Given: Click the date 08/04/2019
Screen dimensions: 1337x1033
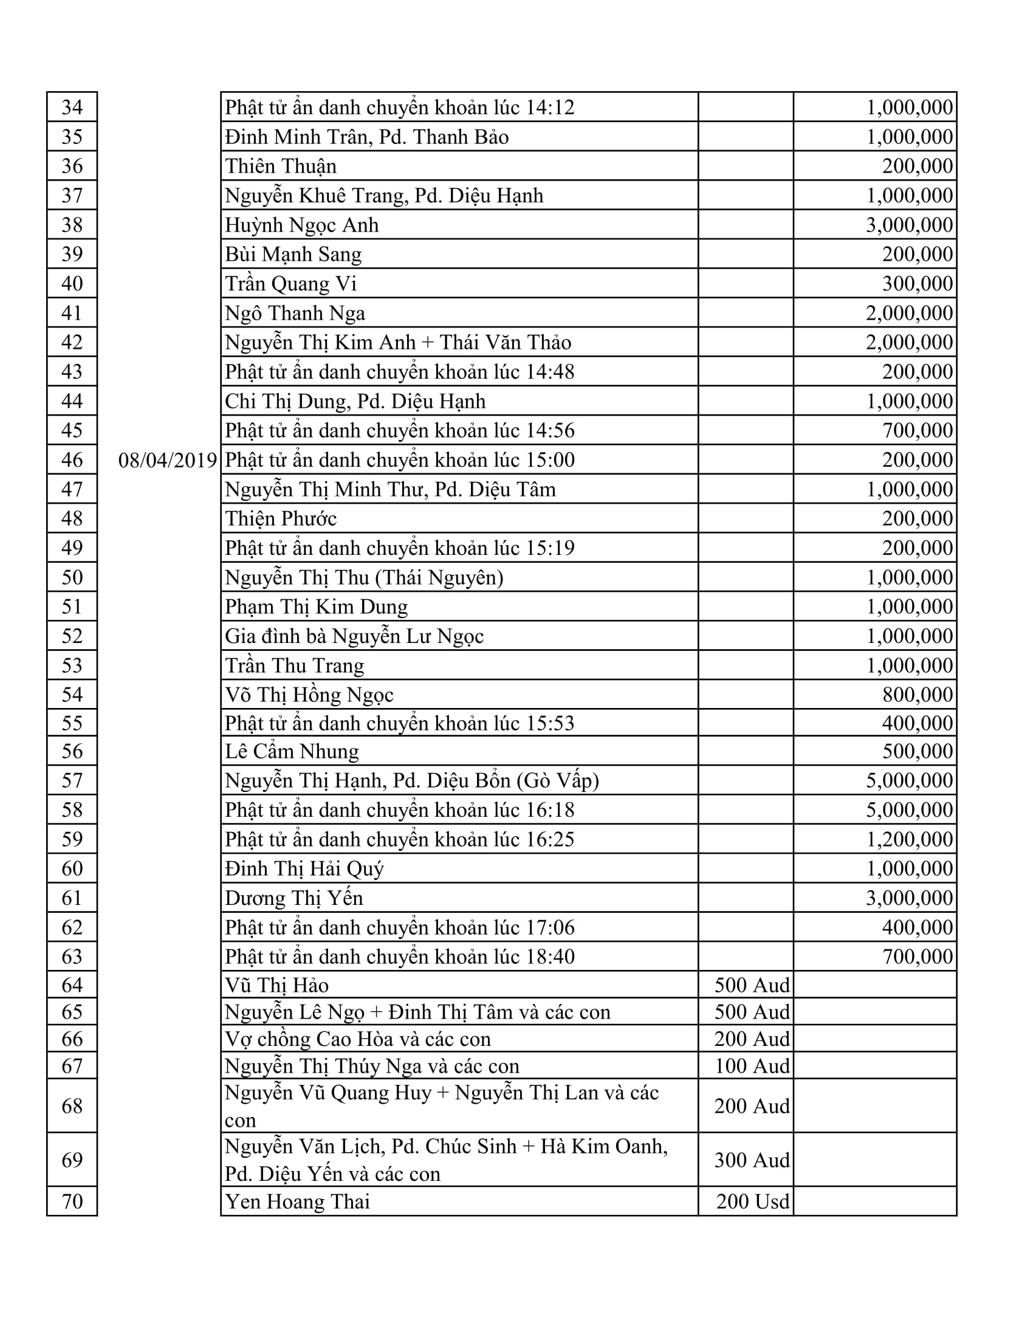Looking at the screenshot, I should click(168, 460).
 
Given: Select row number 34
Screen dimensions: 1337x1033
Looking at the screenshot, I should click(72, 107).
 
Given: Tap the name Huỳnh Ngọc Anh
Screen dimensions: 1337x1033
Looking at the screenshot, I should click(302, 225).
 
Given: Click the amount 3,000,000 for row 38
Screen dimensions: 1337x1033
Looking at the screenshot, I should click(909, 225).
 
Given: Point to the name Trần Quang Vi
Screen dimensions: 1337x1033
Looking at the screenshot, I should click(290, 284).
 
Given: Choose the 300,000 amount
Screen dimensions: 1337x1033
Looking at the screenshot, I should click(918, 284).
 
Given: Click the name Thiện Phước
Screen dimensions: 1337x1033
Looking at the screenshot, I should click(281, 519).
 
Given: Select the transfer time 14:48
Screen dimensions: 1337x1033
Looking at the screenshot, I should click(550, 372).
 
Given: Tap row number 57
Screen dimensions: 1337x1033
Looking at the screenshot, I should click(72, 780).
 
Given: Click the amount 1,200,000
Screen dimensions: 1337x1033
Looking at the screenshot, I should click(909, 839).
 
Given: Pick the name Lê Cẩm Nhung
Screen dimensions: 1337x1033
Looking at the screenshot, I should click(292, 751).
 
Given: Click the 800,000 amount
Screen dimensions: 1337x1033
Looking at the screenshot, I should click(918, 695).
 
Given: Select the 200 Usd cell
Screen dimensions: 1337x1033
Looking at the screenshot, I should click(752, 1201).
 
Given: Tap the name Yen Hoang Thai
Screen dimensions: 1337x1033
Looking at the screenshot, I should click(297, 1201).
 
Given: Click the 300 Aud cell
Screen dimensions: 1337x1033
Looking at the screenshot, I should click(752, 1160).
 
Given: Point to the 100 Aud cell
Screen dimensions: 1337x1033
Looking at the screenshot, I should click(752, 1067).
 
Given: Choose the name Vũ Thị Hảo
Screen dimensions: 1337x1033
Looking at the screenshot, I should click(276, 985).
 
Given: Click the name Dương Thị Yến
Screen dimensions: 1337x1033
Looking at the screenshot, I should click(293, 898).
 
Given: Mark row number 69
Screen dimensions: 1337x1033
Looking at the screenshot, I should click(72, 1160).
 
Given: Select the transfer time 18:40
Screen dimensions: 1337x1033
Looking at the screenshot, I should click(550, 957).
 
